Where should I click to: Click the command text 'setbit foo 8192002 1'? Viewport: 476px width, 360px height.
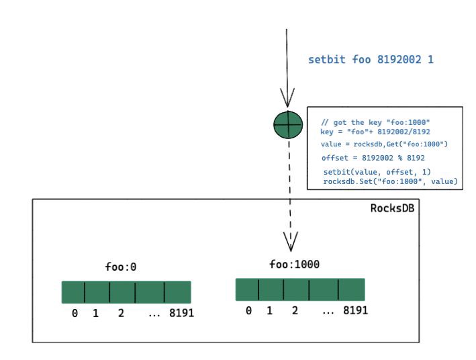coord(371,60)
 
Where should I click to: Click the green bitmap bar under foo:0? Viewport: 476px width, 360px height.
coord(126,292)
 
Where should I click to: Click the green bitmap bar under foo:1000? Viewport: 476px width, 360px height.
coord(300,289)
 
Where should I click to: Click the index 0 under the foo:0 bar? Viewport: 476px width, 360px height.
coord(75,314)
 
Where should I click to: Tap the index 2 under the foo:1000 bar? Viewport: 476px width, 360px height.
coord(294,311)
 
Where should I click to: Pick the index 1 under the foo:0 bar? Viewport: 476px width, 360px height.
coord(95,314)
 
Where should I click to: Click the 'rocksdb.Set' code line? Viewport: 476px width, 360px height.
coord(390,181)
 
